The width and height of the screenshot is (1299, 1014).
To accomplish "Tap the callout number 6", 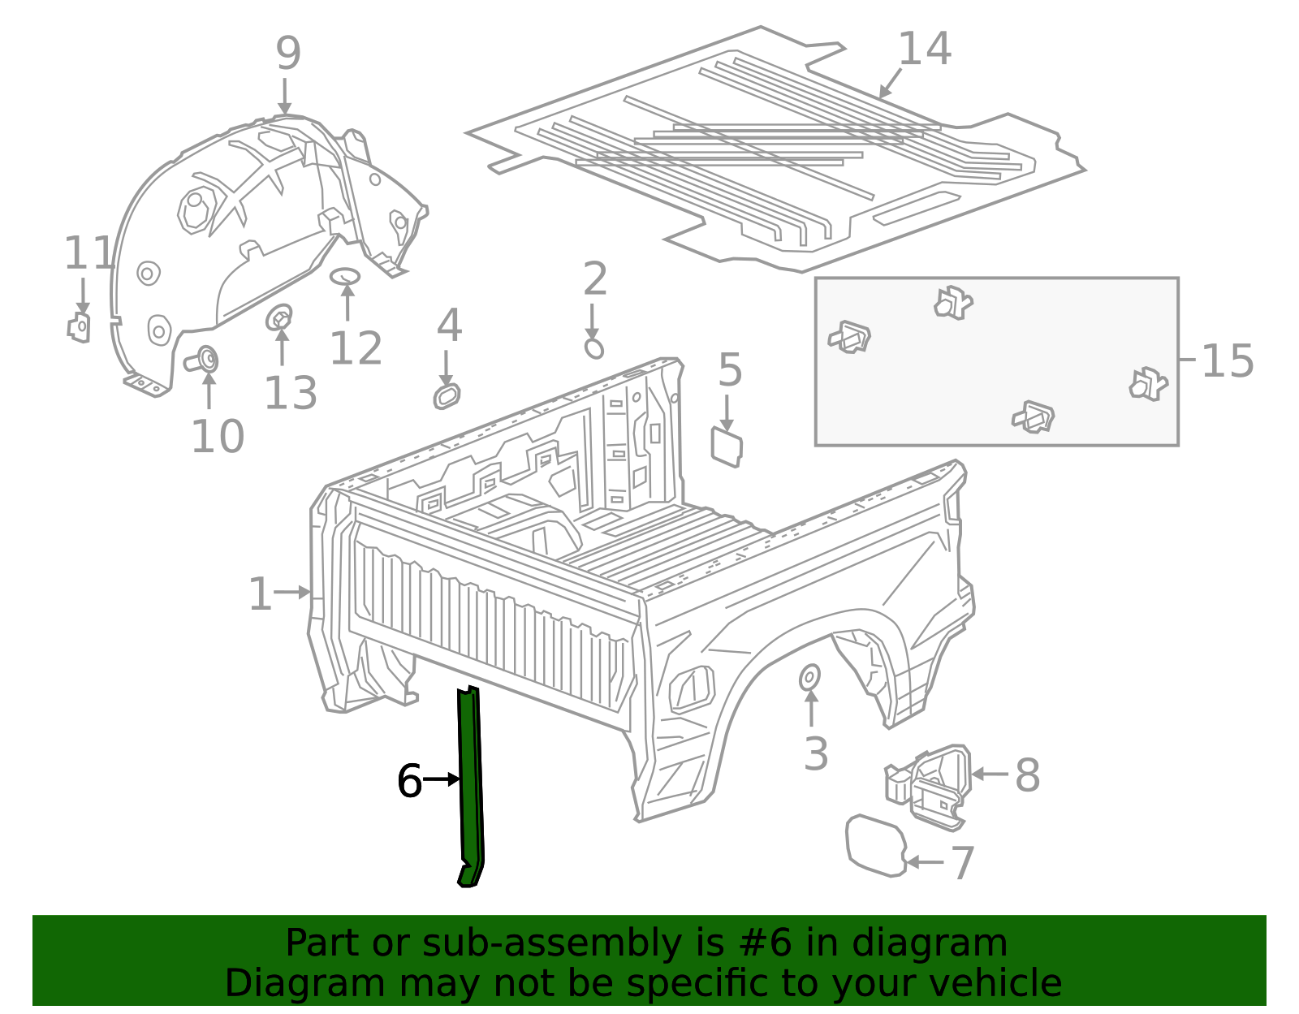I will click(409, 781).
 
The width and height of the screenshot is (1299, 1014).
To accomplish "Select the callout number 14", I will click(924, 50).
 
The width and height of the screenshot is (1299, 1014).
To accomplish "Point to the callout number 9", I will click(288, 54).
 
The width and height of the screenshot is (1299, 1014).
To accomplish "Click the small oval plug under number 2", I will click(594, 348).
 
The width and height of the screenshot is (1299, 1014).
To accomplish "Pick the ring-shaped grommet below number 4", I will click(447, 397).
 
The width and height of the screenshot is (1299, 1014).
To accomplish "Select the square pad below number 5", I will click(727, 447).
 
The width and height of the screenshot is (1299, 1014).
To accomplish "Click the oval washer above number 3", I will click(809, 677).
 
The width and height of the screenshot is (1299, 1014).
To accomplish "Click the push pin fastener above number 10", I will click(204, 359).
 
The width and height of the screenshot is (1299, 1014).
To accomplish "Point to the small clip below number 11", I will click(79, 327).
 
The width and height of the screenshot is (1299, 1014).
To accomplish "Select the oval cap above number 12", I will click(345, 276).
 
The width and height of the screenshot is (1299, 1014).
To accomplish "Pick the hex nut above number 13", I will click(279, 317).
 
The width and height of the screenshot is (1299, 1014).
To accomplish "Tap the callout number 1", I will click(260, 594).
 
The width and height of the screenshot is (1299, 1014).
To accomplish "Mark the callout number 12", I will click(356, 349).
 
